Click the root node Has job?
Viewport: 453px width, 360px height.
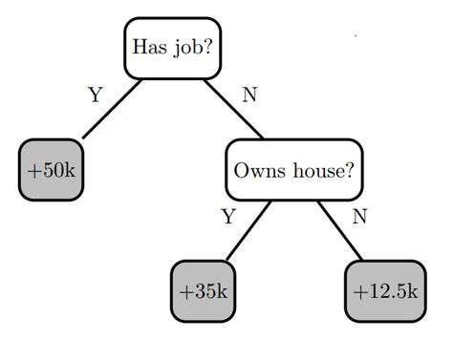[172, 47]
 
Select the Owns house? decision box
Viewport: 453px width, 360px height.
[293, 170]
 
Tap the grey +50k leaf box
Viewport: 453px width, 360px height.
[52, 170]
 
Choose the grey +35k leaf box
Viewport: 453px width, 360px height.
[204, 291]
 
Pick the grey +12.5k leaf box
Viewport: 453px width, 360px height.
[384, 291]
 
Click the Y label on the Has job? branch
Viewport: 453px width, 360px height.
[95, 95]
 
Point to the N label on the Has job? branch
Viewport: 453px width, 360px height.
[249, 95]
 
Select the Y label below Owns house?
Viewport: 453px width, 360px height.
[227, 217]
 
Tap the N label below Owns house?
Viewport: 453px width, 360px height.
[359, 217]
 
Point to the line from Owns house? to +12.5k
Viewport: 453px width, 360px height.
[340, 229]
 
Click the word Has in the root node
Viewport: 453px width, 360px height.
[148, 47]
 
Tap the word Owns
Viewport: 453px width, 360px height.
[256, 171]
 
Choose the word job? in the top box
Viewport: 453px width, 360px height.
[192, 48]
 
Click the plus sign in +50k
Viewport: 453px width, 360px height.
[34, 171]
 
